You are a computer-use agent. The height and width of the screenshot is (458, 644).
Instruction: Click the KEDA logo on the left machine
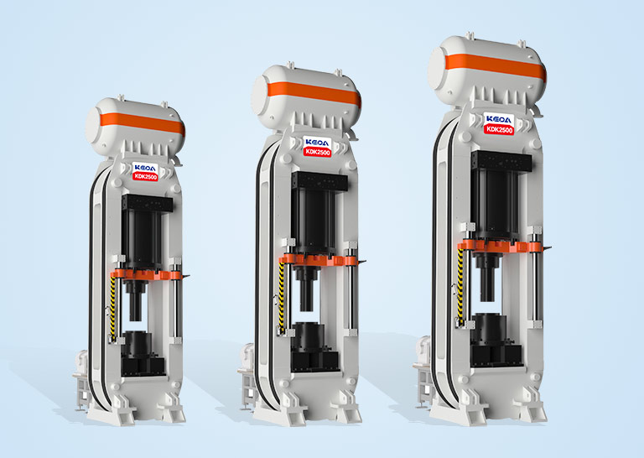(145, 168)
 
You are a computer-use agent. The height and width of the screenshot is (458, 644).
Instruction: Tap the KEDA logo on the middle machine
(317, 143)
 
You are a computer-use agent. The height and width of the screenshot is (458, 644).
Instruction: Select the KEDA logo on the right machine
(499, 119)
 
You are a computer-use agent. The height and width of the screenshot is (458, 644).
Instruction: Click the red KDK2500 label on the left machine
(145, 177)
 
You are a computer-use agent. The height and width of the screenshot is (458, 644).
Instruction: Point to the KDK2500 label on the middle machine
(317, 152)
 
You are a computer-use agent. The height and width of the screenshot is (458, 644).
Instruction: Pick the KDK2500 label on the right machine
(499, 129)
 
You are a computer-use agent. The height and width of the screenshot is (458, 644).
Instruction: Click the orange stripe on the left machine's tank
(142, 122)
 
